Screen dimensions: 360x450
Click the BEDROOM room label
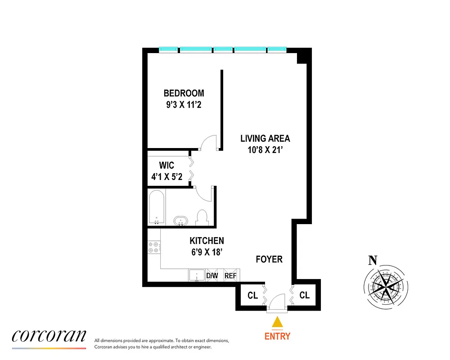[184, 93]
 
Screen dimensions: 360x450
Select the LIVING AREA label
[265, 139]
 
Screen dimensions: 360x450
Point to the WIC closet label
[166, 165]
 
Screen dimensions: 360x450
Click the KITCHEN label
[207, 241]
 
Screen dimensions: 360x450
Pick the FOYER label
[269, 259]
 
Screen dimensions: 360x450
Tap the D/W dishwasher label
[212, 275]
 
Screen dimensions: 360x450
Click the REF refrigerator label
[230, 275]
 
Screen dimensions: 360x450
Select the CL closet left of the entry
[252, 296]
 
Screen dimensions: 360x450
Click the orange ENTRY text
[277, 336]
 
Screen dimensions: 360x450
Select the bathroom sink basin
[181, 221]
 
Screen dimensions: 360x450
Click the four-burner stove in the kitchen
[153, 246]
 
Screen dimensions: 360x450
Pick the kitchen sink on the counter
[197, 275]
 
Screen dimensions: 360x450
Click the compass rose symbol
[386, 285]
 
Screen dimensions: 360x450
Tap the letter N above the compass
[373, 260]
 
